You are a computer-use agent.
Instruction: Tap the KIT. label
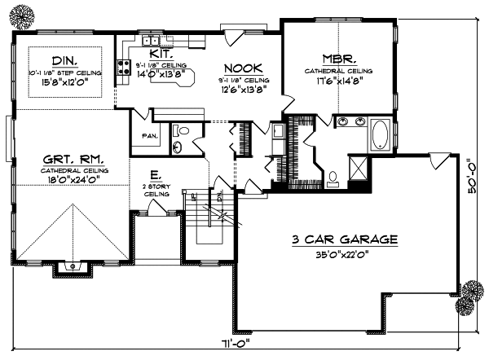[x=159, y=53]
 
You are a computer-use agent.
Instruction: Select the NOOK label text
[x=242, y=68]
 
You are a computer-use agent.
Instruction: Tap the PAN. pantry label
[x=149, y=135]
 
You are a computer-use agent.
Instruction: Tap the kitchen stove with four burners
[x=125, y=69]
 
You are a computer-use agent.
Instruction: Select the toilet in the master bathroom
[x=335, y=175]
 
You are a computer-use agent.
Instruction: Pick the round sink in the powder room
[x=178, y=147]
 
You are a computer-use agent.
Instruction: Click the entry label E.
[x=155, y=174]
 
